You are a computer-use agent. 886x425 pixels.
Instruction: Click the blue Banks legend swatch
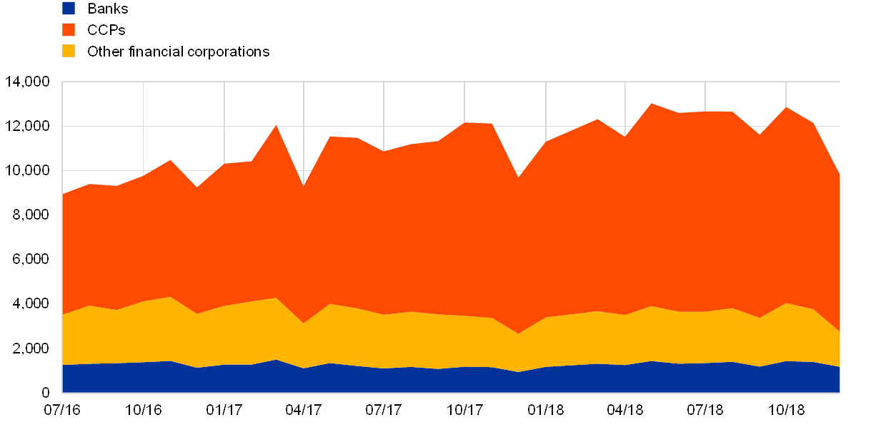tap(69, 9)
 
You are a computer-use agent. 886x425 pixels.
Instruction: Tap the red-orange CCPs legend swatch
tap(69, 30)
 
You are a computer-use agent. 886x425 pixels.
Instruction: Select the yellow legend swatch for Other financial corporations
tap(69, 52)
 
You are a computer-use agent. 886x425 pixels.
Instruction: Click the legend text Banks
tap(107, 9)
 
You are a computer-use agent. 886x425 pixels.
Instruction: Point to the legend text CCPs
tap(106, 30)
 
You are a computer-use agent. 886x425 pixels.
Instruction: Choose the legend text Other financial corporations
tap(178, 52)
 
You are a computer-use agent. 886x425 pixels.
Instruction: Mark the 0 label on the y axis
tap(46, 392)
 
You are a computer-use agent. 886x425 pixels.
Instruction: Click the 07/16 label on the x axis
tap(62, 410)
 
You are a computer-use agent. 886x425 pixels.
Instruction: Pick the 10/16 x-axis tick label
tap(143, 410)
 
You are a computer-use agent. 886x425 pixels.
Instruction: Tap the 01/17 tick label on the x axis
tap(224, 410)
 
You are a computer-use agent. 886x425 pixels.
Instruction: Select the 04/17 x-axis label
tap(304, 410)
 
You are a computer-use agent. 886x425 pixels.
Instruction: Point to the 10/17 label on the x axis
tap(464, 410)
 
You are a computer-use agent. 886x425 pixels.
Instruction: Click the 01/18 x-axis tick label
tap(546, 410)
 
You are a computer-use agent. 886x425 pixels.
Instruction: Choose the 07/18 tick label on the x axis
tap(705, 410)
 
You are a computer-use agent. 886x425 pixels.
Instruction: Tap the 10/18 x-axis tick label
tap(786, 410)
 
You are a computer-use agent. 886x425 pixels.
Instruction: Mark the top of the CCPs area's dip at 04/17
tap(304, 186)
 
